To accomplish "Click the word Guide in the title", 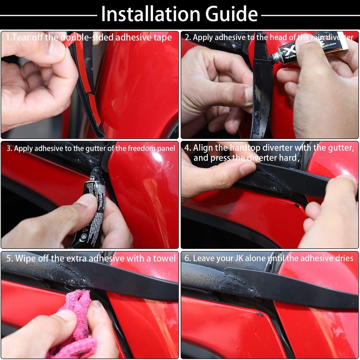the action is click(231, 14).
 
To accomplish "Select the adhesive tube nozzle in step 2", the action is click(274, 58).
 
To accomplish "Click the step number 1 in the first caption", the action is click(8, 37).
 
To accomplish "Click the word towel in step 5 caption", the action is click(164, 258).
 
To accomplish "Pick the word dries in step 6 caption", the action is click(344, 258).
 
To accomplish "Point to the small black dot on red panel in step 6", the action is click(260, 314).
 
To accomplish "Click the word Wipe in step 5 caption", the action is click(25, 259).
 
